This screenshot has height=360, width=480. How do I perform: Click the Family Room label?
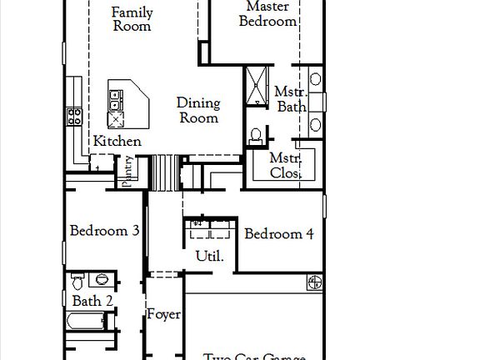(132, 19)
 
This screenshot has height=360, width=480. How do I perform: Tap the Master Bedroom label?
(267, 14)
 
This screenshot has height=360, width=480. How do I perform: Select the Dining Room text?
(198, 110)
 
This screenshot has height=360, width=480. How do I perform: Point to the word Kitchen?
(117, 142)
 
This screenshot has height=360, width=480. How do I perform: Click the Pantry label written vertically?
(128, 173)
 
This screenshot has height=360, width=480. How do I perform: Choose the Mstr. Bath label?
(290, 99)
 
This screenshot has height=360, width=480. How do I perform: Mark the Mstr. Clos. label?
(286, 166)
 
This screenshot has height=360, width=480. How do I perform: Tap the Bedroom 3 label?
(104, 231)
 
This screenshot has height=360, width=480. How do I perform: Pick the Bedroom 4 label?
(278, 234)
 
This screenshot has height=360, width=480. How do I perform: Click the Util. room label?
(209, 256)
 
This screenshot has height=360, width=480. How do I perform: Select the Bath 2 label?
(92, 301)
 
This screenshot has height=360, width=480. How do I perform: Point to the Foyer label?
(164, 315)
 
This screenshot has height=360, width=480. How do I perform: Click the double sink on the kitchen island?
(114, 101)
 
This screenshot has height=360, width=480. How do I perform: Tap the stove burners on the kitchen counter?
(74, 116)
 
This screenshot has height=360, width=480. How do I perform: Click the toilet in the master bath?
(256, 134)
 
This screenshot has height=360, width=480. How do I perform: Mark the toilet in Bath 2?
(77, 280)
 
